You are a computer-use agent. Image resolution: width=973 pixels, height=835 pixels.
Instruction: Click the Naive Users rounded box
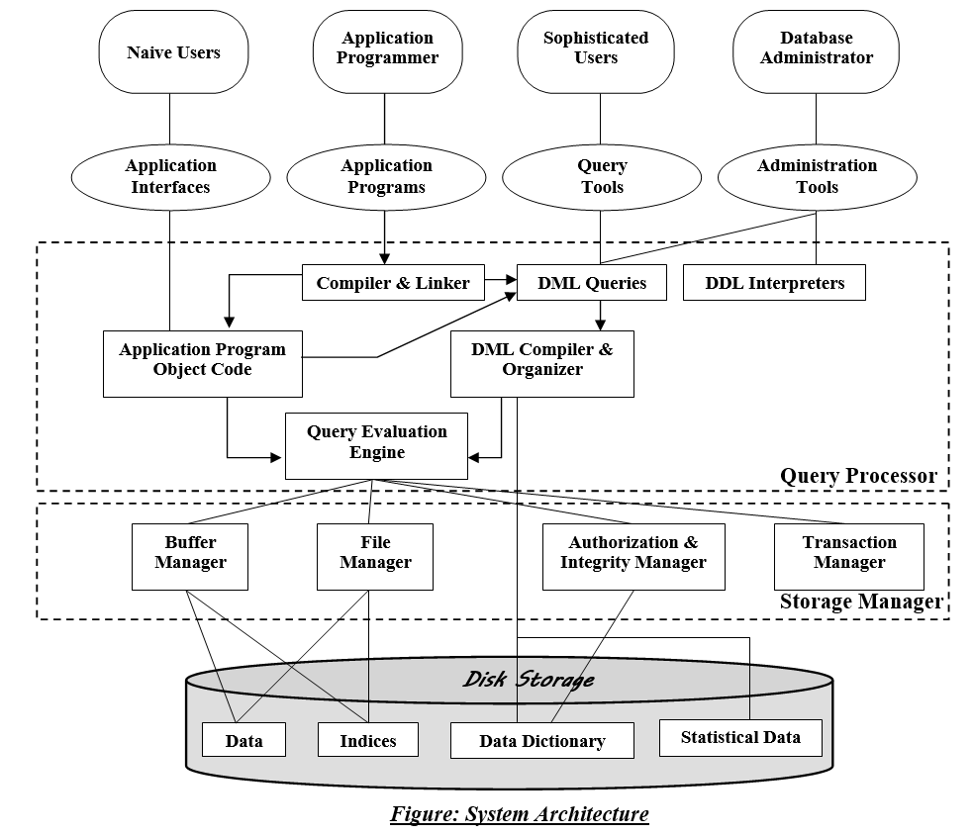pyautogui.click(x=172, y=52)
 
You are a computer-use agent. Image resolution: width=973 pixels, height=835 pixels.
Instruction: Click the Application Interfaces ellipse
pyautogui.click(x=170, y=177)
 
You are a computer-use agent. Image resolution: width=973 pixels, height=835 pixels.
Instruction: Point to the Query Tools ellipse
pyautogui.click(x=602, y=177)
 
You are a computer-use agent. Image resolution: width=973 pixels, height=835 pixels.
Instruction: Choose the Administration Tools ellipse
pyautogui.click(x=817, y=177)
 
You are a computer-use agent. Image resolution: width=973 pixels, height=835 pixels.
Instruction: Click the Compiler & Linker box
pyautogui.click(x=393, y=283)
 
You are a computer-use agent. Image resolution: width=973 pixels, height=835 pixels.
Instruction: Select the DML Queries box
pyautogui.click(x=592, y=283)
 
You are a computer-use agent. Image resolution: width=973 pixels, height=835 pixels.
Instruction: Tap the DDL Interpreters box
pyautogui.click(x=774, y=283)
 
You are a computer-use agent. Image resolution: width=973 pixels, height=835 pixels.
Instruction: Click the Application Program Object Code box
pyautogui.click(x=202, y=360)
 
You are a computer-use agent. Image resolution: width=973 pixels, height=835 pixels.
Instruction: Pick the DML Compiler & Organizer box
pyautogui.click(x=541, y=360)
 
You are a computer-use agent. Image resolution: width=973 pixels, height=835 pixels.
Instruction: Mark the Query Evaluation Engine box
pyautogui.click(x=376, y=442)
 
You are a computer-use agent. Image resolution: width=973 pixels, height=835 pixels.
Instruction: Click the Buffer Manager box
pyautogui.click(x=190, y=554)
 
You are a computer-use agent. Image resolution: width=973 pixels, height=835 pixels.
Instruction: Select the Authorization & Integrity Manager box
pyautogui.click(x=632, y=554)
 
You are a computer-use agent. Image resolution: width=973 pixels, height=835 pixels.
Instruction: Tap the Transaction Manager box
pyautogui.click(x=848, y=554)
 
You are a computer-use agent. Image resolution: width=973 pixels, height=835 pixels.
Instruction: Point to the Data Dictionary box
pyautogui.click(x=541, y=741)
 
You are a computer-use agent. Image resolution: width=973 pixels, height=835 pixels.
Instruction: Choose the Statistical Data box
pyautogui.click(x=740, y=737)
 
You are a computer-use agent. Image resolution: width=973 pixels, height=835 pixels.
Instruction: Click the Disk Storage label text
pyautogui.click(x=529, y=680)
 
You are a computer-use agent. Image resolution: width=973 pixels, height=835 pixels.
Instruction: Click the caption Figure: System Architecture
pyautogui.click(x=520, y=814)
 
